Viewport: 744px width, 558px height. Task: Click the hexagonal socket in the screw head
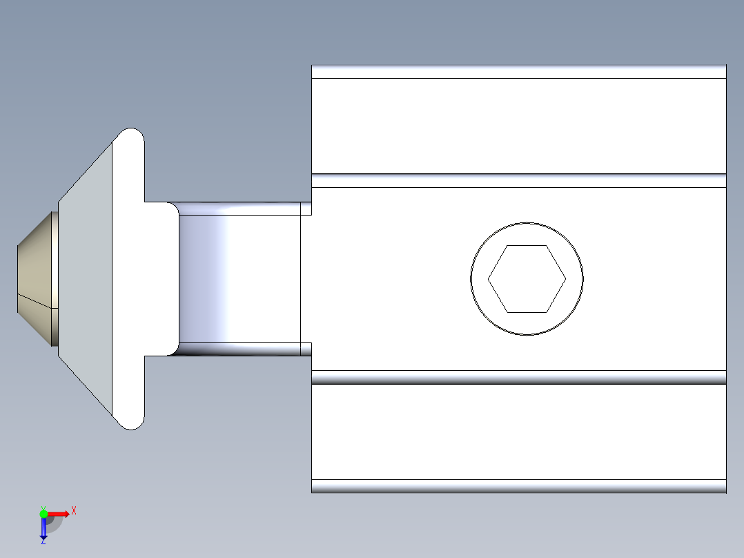pyautogui.click(x=527, y=279)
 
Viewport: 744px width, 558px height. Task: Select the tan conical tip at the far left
pyautogui.click(x=35, y=279)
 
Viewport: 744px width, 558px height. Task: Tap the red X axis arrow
pyautogui.click(x=59, y=513)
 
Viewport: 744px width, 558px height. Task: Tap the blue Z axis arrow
pyautogui.click(x=43, y=528)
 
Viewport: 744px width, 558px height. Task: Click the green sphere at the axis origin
pyautogui.click(x=43, y=513)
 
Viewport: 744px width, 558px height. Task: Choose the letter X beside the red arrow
pyautogui.click(x=74, y=511)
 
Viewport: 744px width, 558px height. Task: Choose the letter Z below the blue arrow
pyautogui.click(x=43, y=542)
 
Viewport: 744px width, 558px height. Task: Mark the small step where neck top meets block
pyautogui.click(x=306, y=209)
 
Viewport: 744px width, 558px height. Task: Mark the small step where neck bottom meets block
pyautogui.click(x=306, y=349)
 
